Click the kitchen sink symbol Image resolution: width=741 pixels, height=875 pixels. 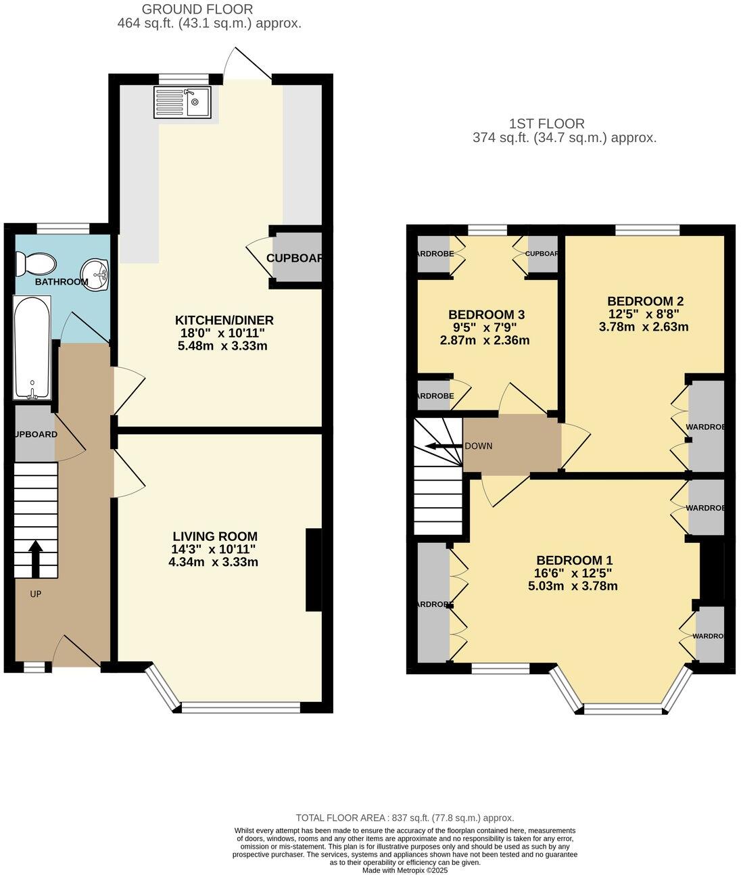click(x=183, y=101)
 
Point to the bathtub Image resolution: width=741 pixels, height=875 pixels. click(x=32, y=348)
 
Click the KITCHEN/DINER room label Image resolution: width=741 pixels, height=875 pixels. click(x=224, y=321)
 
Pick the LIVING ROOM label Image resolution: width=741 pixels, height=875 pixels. click(x=214, y=537)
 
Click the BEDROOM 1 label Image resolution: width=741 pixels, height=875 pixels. click(x=574, y=560)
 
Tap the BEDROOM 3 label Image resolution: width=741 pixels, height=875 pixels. click(x=486, y=314)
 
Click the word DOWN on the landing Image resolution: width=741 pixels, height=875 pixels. click(x=479, y=446)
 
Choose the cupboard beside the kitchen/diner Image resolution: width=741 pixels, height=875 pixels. click(x=296, y=258)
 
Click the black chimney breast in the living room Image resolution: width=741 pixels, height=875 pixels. click(x=314, y=570)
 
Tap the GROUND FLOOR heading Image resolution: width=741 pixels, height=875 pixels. click(x=187, y=9)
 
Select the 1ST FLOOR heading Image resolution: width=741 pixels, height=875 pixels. click(x=546, y=124)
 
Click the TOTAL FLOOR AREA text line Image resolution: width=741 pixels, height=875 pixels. click(x=404, y=818)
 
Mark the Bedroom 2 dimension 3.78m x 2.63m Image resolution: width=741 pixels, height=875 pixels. click(x=644, y=327)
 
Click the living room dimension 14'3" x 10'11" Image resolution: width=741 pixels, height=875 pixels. click(x=214, y=549)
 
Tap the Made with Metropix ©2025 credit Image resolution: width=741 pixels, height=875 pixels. click(x=405, y=870)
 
